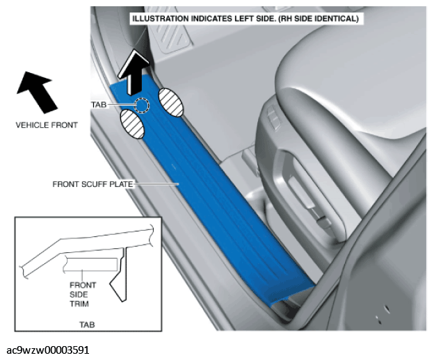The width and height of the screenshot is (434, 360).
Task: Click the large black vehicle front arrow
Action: [x=38, y=92]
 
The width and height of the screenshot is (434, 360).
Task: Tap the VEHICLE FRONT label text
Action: [x=47, y=125]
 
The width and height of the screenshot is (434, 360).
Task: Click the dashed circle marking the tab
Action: [x=142, y=105]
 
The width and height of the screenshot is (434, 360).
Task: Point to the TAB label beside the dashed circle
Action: [x=99, y=105]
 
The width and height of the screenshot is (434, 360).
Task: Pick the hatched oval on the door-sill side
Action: [x=132, y=124]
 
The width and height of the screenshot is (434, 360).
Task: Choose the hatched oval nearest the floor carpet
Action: [x=171, y=102]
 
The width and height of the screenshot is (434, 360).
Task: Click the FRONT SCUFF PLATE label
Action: [x=93, y=184]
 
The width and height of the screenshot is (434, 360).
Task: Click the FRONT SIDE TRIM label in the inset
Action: [x=83, y=295]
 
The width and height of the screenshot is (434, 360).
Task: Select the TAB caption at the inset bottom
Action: [x=87, y=325]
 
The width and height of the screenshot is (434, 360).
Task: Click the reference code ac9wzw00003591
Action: [x=47, y=350]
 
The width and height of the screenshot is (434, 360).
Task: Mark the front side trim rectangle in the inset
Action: [x=90, y=264]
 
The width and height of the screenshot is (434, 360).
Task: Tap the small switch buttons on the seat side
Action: [x=274, y=117]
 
